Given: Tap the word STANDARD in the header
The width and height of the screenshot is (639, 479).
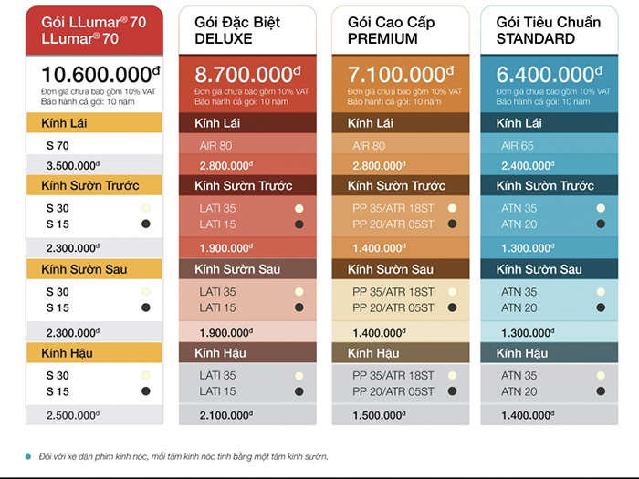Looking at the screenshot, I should [x=536, y=38].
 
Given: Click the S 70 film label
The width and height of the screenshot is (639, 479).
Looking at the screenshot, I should [x=58, y=145].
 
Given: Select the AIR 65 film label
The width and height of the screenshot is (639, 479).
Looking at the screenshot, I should [x=518, y=145].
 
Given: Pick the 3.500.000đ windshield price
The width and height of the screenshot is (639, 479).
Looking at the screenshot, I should [x=72, y=165].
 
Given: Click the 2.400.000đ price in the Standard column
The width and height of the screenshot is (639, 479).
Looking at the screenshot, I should [x=527, y=165].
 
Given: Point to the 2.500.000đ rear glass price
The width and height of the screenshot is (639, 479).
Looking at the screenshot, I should [x=72, y=416].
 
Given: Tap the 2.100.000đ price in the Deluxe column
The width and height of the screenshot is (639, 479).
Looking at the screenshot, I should [x=225, y=416].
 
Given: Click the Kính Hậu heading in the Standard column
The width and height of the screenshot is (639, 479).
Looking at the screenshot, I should [x=522, y=353].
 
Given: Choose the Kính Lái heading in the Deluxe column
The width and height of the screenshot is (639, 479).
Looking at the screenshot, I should [x=217, y=123].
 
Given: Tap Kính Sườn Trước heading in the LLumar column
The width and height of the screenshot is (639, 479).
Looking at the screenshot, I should [x=90, y=186].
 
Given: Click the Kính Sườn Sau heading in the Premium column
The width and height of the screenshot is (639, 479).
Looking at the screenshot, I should [x=391, y=269].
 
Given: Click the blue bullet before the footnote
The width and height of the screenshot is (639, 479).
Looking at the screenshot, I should [x=27, y=456].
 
